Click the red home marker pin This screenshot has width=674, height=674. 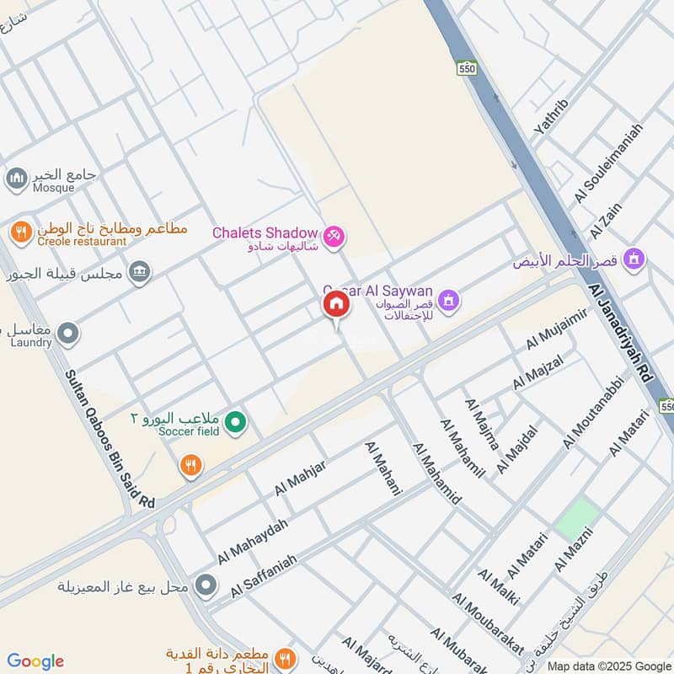[336, 305]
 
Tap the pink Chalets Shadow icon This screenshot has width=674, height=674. [334, 233]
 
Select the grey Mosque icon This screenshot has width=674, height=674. [16, 179]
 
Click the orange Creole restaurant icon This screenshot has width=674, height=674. [21, 231]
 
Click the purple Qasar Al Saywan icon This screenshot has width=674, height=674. [450, 299]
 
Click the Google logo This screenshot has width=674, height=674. [35, 661]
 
